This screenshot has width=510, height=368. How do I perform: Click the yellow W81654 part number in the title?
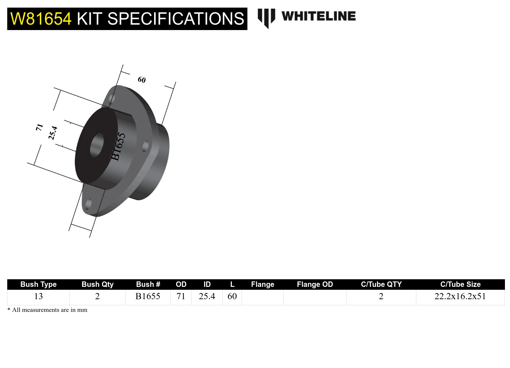(41, 19)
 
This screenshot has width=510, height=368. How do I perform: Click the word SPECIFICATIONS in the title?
(176, 19)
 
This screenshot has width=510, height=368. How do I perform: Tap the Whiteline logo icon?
(266, 18)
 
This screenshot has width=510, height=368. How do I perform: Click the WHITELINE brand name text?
(318, 16)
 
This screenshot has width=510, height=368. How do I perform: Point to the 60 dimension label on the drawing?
(142, 80)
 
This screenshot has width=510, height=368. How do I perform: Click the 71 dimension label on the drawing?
(39, 127)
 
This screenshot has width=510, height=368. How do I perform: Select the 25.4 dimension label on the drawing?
(53, 133)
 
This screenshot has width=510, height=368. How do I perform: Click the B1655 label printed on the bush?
(118, 146)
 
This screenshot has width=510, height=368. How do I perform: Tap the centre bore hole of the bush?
(97, 145)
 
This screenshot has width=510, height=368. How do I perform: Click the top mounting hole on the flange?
(112, 99)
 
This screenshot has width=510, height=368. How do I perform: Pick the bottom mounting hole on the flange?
(88, 204)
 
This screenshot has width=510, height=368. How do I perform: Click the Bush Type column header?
(38, 284)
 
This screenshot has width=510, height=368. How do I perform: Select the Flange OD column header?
(315, 284)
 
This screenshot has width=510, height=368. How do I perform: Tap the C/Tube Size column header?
(460, 284)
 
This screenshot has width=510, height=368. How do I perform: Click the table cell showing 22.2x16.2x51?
(460, 296)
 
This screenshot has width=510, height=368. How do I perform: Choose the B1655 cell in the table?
(148, 296)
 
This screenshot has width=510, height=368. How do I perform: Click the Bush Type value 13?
(38, 296)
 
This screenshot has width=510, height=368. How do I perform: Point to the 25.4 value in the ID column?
(207, 296)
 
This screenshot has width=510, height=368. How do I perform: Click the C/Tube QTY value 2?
(381, 296)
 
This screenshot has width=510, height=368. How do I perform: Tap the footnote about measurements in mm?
(47, 310)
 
